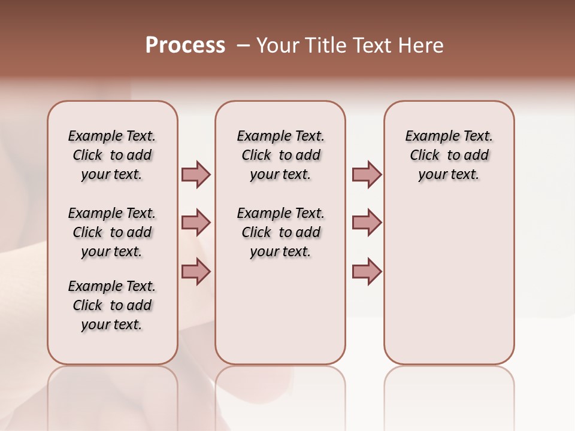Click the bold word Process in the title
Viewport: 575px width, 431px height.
tap(185, 45)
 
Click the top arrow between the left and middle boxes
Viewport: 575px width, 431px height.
tap(196, 174)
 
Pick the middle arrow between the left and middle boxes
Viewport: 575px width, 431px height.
tap(196, 223)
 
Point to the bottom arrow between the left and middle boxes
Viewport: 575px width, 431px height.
tap(196, 272)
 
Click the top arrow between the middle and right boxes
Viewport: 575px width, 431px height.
tap(367, 174)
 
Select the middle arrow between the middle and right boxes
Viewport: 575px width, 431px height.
tap(367, 223)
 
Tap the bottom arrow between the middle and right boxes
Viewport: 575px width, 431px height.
tap(367, 272)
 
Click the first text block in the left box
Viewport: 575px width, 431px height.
tap(112, 155)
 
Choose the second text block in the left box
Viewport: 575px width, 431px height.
tap(112, 232)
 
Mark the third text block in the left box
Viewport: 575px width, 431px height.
tap(112, 305)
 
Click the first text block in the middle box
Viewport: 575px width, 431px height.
tap(280, 155)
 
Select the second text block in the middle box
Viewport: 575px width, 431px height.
tap(280, 232)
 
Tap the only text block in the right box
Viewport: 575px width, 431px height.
tap(449, 155)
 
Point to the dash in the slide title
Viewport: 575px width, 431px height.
tap(243, 45)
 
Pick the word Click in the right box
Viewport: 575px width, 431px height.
tap(425, 156)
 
